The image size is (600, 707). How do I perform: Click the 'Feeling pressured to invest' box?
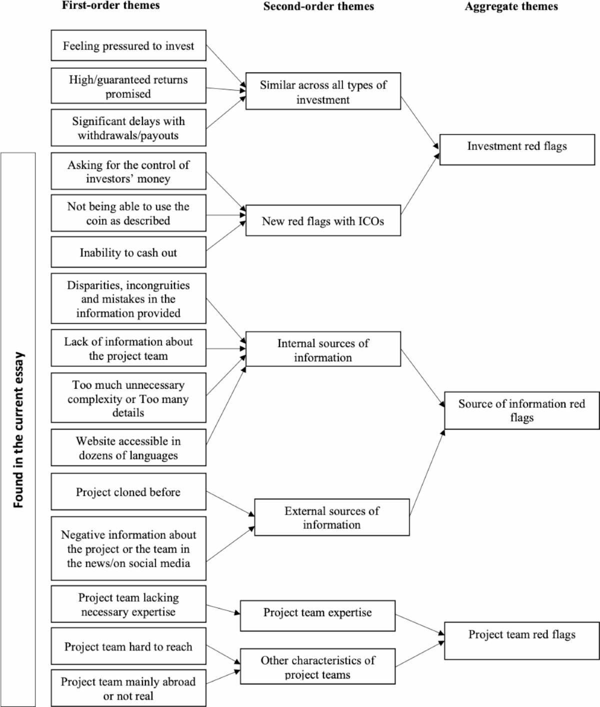pos(128,46)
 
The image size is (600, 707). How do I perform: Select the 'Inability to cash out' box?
pos(128,253)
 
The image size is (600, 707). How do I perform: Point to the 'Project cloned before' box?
pos(128,492)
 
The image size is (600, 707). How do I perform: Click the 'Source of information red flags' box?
pos(521,411)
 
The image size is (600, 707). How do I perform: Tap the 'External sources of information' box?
pos(331,518)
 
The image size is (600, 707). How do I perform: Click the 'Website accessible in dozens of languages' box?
pos(128,448)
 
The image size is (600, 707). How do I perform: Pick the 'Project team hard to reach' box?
pos(128,647)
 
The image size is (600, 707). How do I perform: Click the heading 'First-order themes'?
pos(111,5)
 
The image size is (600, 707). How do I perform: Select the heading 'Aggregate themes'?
pos(511,6)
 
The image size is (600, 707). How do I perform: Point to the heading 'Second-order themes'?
pos(318,6)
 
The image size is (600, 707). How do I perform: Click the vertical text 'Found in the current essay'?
pos(18,430)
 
